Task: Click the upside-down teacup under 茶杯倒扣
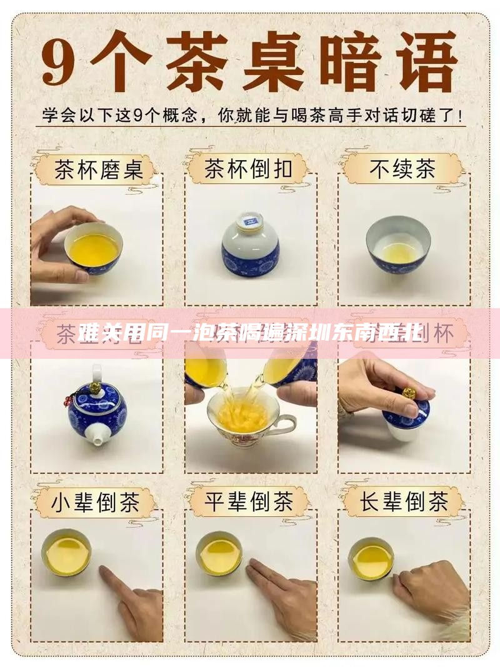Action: [x=251, y=244]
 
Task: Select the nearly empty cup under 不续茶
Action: [x=398, y=244]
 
